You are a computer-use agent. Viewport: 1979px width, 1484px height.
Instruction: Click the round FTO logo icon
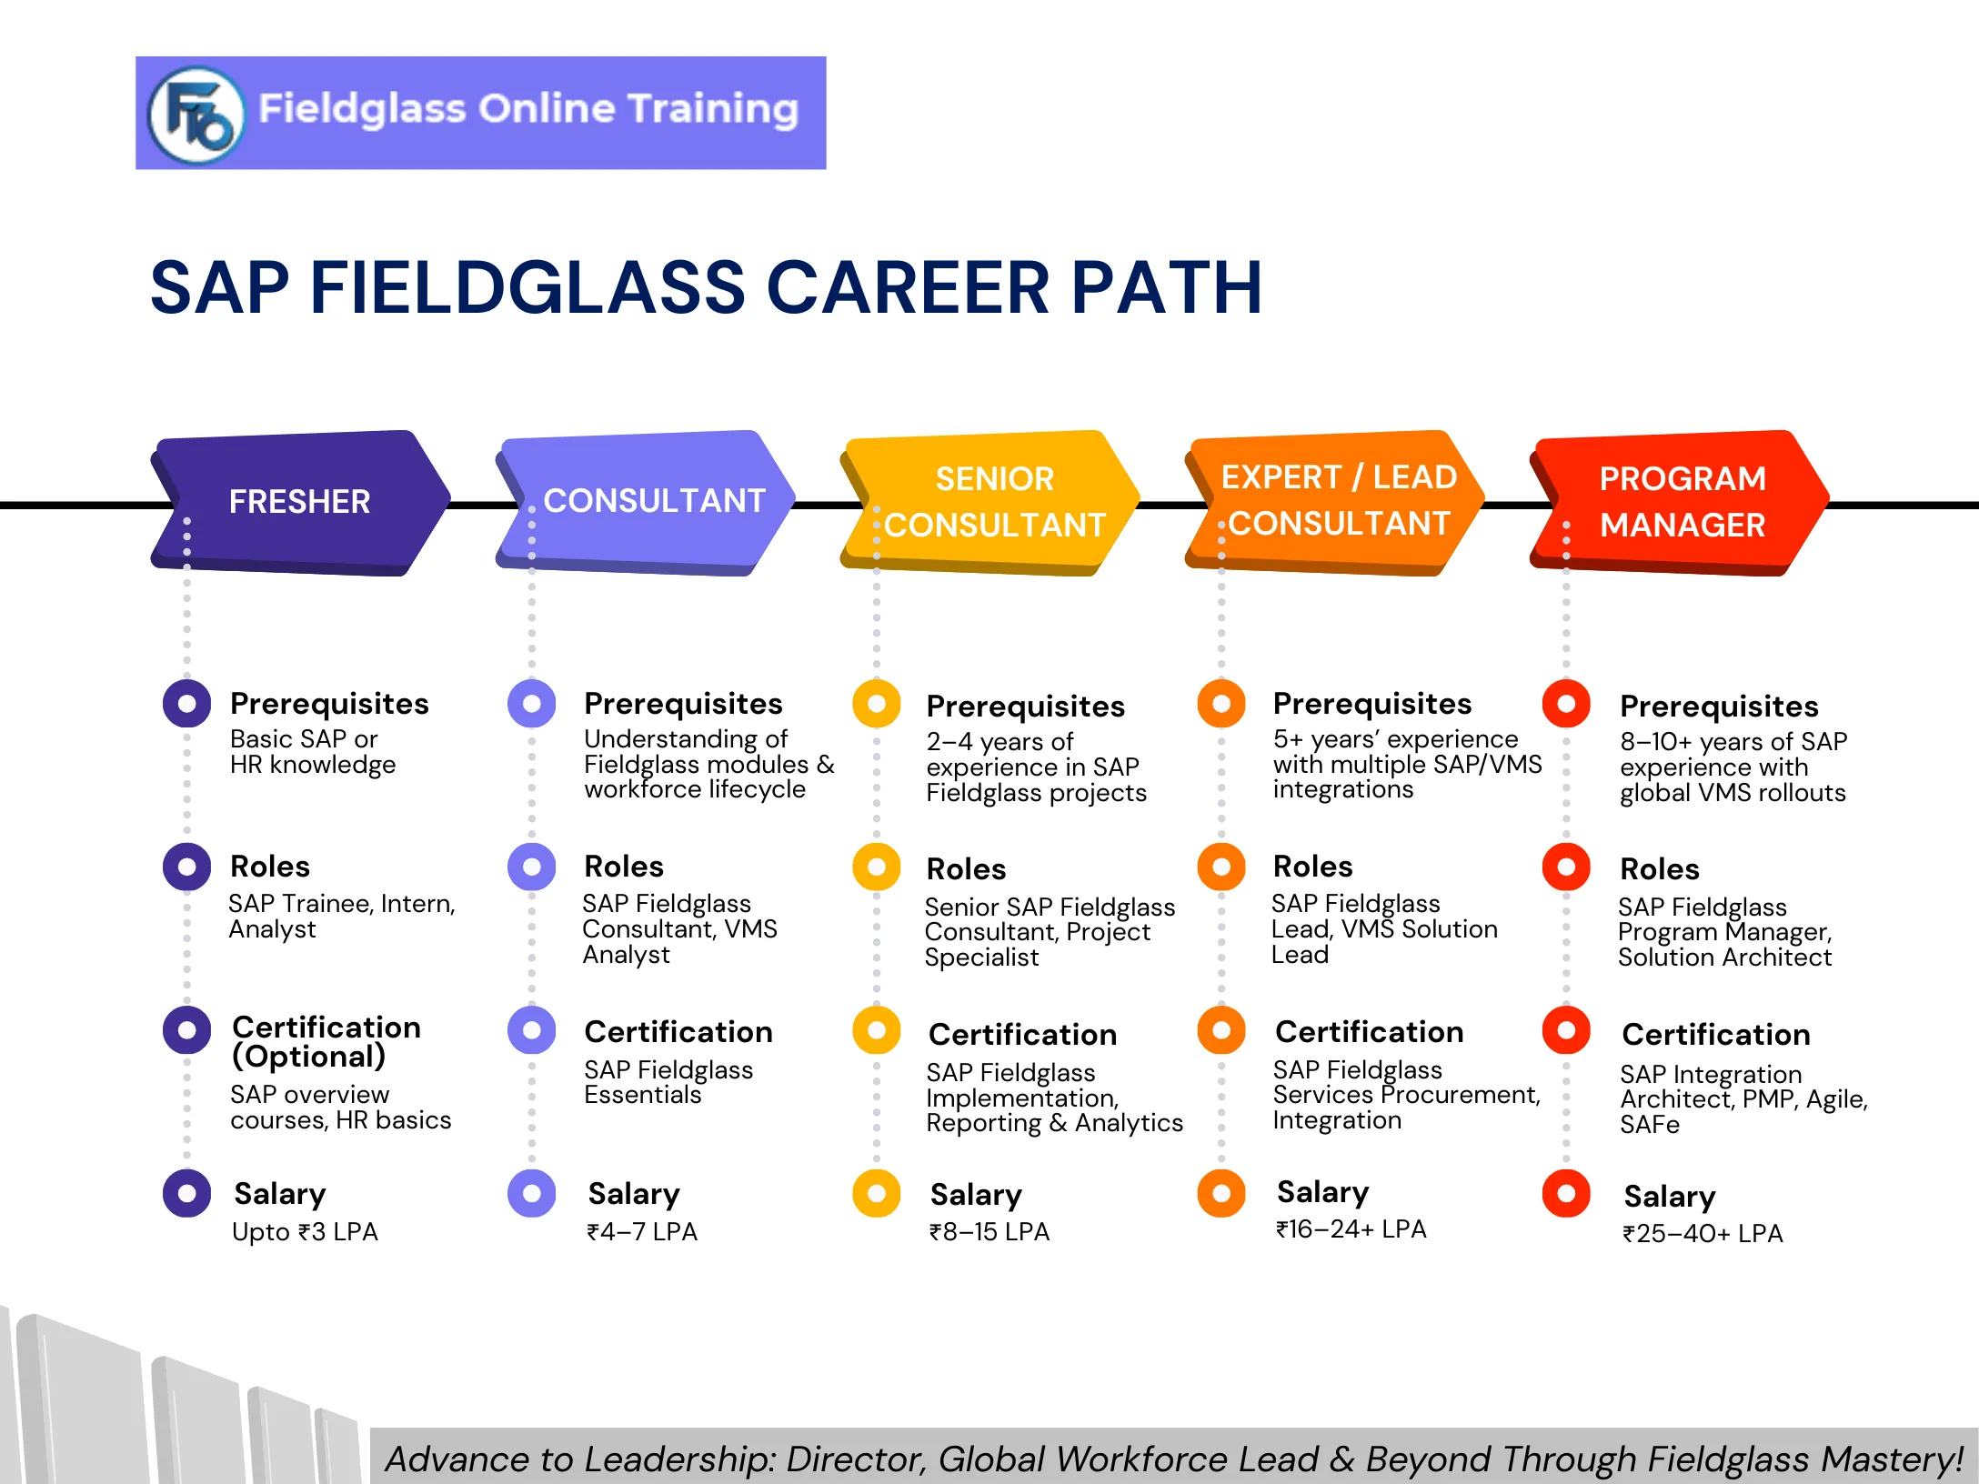pyautogui.click(x=196, y=115)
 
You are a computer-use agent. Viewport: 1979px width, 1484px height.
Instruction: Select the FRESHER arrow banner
pyautogui.click(x=300, y=502)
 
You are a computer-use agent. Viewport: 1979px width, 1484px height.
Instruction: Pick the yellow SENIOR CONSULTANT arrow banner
pyautogui.click(x=993, y=502)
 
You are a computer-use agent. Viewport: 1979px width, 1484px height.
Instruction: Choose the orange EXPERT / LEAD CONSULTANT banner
pyautogui.click(x=1338, y=501)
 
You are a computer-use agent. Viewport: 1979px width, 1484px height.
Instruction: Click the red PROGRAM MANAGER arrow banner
pyautogui.click(x=1682, y=502)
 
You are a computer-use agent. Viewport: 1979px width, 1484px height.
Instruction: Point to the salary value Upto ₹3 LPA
pyautogui.click(x=305, y=1232)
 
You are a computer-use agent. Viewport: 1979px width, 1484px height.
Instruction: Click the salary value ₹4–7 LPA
pyautogui.click(x=642, y=1232)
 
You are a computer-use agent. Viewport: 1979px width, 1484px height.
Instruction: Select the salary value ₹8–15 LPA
pyautogui.click(x=989, y=1232)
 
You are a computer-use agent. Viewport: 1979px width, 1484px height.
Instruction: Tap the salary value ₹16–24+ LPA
pyautogui.click(x=1351, y=1229)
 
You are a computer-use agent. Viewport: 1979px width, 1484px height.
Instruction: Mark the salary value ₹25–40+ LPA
pyautogui.click(x=1703, y=1234)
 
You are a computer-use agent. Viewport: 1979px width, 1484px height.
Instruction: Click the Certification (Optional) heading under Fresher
pyautogui.click(x=326, y=1042)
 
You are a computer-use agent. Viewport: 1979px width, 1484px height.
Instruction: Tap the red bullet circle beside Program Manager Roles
pyautogui.click(x=1566, y=867)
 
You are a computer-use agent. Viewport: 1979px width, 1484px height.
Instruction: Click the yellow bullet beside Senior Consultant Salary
pyautogui.click(x=877, y=1193)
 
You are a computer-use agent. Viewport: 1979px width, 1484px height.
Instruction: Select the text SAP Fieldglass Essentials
pyautogui.click(x=668, y=1082)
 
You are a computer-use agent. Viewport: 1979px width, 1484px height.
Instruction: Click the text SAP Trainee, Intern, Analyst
pyautogui.click(x=341, y=917)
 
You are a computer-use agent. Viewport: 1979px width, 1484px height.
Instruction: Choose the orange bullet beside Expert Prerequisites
pyautogui.click(x=1221, y=704)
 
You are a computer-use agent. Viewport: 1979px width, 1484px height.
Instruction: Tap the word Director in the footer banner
pyautogui.click(x=854, y=1459)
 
